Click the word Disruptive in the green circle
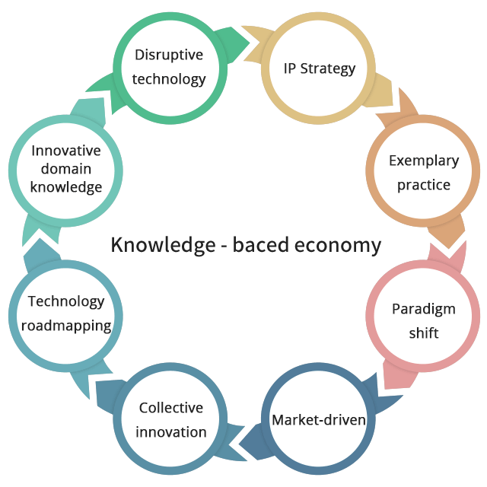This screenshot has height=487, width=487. (x=169, y=55)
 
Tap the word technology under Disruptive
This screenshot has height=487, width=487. (x=169, y=79)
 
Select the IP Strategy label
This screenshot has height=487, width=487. (x=320, y=68)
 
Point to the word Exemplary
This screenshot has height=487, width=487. (x=424, y=161)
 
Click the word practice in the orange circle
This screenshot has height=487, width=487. (x=424, y=185)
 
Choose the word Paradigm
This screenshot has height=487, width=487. (x=424, y=310)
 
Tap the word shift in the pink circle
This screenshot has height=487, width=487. (x=424, y=333)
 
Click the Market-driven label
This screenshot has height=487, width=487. (x=319, y=420)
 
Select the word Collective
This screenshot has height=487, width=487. (x=171, y=408)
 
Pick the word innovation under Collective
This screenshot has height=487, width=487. (x=171, y=432)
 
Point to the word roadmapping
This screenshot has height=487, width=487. (x=66, y=326)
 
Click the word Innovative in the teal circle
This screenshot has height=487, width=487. (x=66, y=151)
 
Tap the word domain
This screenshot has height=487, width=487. (x=66, y=169)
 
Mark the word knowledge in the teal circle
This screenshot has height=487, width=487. (x=66, y=187)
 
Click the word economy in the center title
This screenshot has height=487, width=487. (x=338, y=245)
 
